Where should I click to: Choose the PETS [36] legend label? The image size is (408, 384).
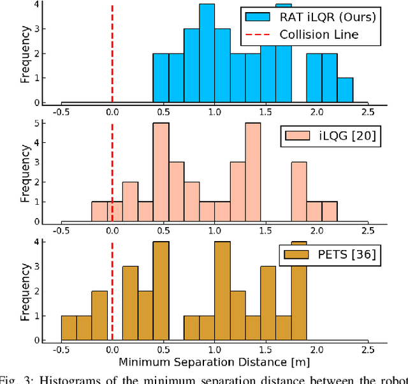coord(349,256)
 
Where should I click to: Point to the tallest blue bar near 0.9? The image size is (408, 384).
coord(207,54)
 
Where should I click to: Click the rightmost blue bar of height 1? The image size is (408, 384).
coord(345,90)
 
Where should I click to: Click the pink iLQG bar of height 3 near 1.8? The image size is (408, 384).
coord(299,191)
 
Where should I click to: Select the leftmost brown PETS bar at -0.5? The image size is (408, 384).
coord(69,327)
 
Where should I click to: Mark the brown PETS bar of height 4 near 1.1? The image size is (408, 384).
coord(222,291)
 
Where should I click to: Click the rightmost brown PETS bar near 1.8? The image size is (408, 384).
coord(299,291)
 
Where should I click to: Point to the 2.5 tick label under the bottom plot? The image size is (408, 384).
coord(367,349)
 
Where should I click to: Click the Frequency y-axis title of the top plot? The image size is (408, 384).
coord(25,54)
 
